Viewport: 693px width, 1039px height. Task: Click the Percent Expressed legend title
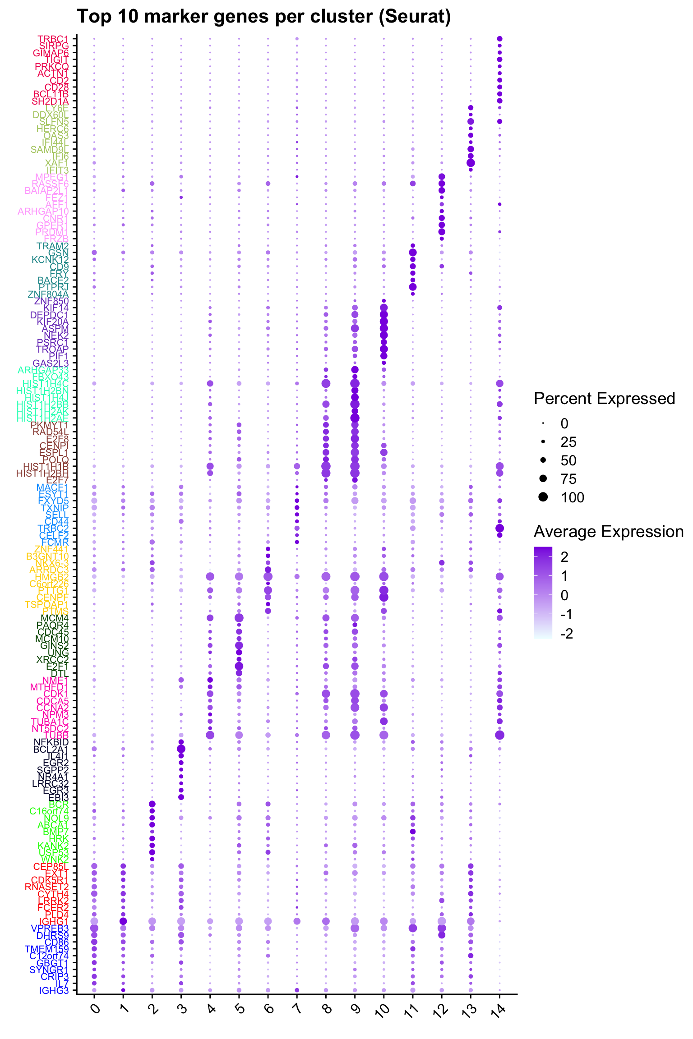point(604,399)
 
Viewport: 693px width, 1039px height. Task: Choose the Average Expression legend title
point(609,532)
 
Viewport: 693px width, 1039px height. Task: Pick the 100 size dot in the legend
point(543,497)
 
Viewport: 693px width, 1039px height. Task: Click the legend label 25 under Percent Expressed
point(568,442)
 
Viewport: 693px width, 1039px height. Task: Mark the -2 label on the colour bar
point(567,634)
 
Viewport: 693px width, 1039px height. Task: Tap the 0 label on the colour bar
point(564,595)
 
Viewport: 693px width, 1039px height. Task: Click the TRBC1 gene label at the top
point(53,39)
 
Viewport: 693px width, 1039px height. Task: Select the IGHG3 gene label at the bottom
point(54,990)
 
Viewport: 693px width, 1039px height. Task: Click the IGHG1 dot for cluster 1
point(123,921)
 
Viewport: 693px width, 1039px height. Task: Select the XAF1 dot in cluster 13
point(471,163)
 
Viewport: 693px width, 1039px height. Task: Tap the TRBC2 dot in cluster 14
point(499,528)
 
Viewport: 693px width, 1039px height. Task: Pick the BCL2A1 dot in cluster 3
point(181,749)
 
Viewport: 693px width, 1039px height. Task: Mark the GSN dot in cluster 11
point(412,253)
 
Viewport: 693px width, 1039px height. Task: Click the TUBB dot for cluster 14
point(499,735)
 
